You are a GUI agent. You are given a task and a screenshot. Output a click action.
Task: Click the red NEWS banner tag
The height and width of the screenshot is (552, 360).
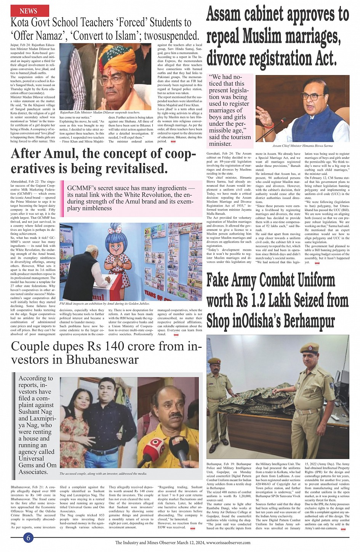tap(29, 11)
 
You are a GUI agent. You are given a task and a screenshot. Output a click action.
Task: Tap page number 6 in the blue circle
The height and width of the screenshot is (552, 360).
tap(29, 538)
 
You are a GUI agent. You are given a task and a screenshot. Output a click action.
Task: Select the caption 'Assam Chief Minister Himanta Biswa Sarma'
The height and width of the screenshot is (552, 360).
tap(302, 146)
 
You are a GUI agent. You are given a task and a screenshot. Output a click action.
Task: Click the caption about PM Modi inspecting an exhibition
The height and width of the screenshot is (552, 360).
tap(105, 304)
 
